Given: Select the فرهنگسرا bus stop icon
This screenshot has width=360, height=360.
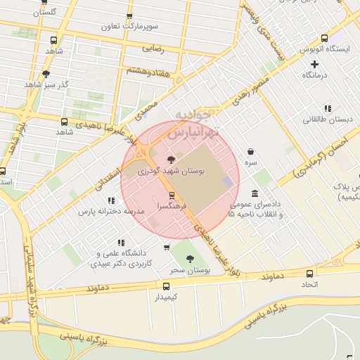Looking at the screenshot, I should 172,196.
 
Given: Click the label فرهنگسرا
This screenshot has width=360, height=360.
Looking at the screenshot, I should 172,208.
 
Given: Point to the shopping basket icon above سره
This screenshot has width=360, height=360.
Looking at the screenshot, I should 251,151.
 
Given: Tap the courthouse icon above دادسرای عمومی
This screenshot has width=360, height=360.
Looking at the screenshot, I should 255,193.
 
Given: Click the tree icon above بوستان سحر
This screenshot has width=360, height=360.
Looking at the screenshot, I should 190,259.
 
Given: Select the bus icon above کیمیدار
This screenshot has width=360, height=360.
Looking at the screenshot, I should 167,286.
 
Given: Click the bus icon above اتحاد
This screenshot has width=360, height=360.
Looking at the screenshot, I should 311,273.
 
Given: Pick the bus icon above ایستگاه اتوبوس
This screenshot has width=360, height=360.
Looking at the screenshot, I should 323,39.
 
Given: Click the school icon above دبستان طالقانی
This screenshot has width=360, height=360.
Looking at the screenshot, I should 328,108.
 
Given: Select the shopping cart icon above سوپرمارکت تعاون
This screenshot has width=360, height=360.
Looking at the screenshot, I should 129,17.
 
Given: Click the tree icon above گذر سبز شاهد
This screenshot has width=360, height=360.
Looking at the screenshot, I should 46,73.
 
